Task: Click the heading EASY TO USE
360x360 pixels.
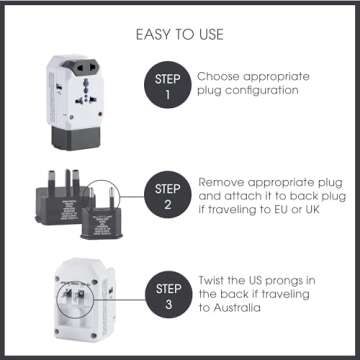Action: pyautogui.click(x=180, y=35)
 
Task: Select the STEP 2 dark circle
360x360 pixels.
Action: pyautogui.click(x=165, y=195)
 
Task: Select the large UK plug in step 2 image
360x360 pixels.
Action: pyautogui.click(x=65, y=190)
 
